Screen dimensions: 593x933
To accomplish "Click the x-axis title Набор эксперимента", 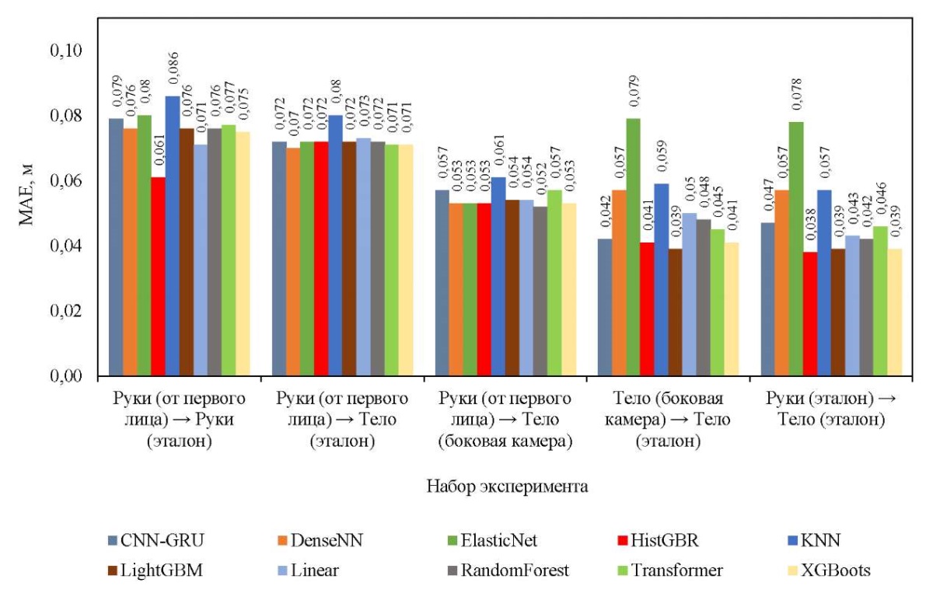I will (506, 487).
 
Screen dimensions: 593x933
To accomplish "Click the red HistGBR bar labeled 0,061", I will (158, 277).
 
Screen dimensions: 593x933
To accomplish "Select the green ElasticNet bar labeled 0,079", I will (633, 247).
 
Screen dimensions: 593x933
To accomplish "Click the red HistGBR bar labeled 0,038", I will (810, 314).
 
